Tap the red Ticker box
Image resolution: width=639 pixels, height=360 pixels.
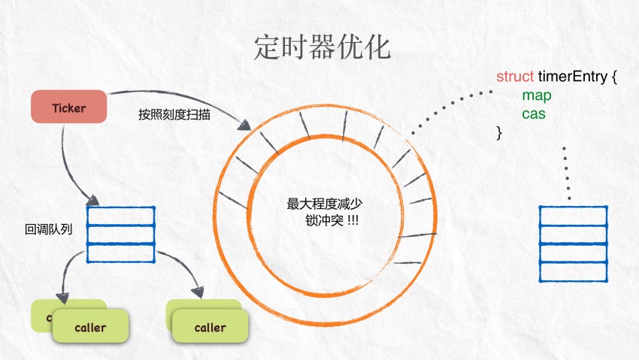click(69, 107)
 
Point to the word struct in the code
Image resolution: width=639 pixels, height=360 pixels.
click(515, 77)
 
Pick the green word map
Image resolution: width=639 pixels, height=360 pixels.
click(537, 96)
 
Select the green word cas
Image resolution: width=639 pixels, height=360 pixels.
click(534, 115)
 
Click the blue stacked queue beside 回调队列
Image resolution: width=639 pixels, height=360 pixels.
click(121, 234)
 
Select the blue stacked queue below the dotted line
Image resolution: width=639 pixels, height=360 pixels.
click(574, 243)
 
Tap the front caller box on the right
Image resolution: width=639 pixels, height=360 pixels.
click(210, 328)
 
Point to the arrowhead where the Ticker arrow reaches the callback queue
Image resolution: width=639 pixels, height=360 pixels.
click(92, 200)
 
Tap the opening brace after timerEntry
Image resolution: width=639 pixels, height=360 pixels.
click(614, 77)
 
